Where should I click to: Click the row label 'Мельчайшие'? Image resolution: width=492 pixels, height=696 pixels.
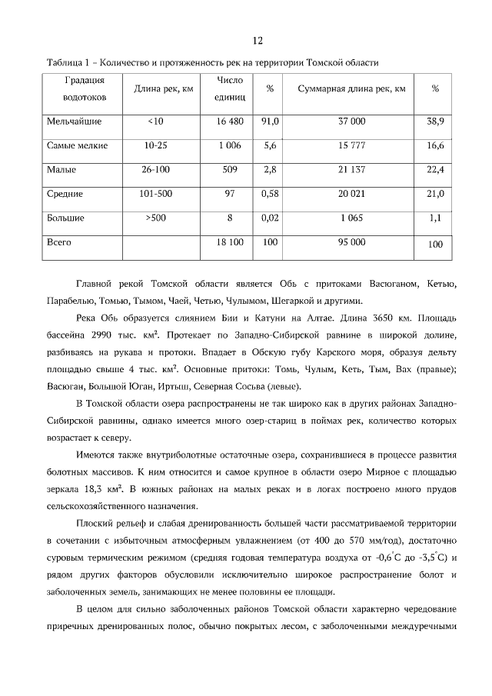tap(74, 122)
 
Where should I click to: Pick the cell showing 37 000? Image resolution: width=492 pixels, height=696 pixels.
tap(351, 122)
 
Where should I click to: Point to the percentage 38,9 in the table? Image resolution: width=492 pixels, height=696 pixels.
tap(435, 122)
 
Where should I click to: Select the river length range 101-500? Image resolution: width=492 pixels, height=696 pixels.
tap(155, 194)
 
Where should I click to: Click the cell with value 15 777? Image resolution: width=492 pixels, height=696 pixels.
tap(351, 145)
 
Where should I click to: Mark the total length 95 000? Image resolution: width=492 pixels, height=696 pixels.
tap(351, 241)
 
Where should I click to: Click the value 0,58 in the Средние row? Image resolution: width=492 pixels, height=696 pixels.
tap(270, 194)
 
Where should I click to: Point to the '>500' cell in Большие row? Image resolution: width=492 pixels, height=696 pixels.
tap(155, 218)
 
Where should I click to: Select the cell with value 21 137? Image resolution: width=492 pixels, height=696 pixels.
tap(351, 169)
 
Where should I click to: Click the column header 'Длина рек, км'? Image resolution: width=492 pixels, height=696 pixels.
tap(163, 89)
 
